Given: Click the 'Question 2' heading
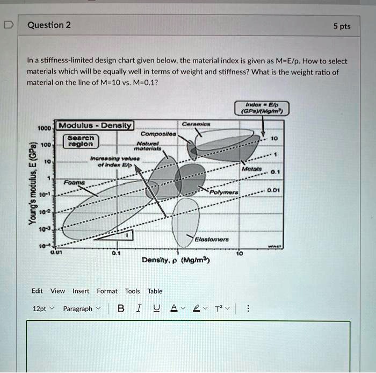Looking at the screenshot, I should point(48,25).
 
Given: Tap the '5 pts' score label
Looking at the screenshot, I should point(341,26).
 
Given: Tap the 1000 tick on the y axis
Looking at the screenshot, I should point(44,128).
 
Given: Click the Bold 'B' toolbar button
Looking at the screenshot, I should point(120,309).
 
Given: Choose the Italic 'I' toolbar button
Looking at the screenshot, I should point(139,309).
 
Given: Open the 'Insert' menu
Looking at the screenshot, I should point(81,291).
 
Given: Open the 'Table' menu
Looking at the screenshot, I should point(155,291).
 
